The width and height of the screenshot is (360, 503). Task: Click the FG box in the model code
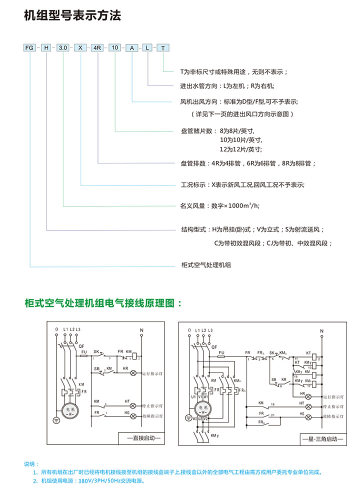pyautogui.click(x=30, y=48)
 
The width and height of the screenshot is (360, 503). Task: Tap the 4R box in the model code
pyautogui.click(x=97, y=48)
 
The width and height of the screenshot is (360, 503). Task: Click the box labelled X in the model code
pyautogui.click(x=80, y=48)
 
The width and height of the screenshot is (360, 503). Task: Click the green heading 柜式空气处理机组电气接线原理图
pyautogui.click(x=103, y=303)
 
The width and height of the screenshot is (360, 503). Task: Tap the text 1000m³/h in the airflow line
pyautogui.click(x=245, y=205)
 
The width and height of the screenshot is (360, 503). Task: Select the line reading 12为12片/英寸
pyautogui.click(x=240, y=149)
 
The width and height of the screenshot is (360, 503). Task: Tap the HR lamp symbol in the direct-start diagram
pyautogui.click(x=133, y=373)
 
